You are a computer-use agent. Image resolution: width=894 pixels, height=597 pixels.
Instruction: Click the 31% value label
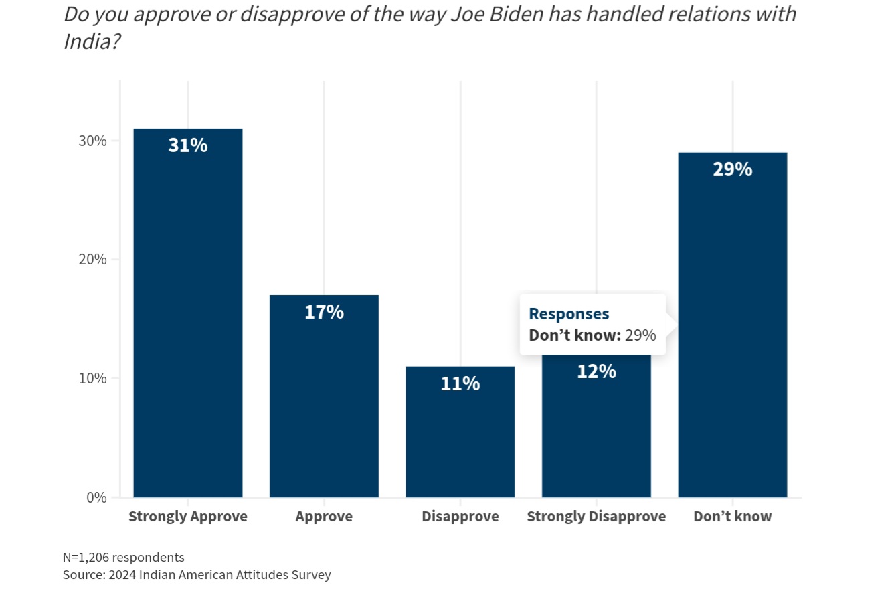188,145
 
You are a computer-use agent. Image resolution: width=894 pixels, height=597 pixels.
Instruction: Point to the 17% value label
324,312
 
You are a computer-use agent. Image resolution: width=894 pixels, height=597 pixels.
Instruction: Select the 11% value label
460,383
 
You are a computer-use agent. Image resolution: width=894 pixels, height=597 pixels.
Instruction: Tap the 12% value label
596,371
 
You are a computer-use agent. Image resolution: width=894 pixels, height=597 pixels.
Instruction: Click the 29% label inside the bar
733,169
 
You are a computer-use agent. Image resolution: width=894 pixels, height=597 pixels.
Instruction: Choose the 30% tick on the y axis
93,141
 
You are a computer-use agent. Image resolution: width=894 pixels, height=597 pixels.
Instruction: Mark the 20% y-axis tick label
93,260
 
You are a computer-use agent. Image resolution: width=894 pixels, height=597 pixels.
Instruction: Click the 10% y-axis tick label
93,379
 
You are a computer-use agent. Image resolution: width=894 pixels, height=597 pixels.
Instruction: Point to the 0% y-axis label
96,497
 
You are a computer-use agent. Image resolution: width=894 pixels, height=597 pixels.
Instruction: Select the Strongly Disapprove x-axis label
596,517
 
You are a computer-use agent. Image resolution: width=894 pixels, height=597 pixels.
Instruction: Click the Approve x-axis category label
324,517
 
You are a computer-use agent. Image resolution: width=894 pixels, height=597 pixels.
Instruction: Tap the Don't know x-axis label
733,517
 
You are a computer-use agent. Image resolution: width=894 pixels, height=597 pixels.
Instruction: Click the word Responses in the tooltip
569,314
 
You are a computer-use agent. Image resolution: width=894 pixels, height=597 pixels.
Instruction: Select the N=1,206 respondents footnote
124,557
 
